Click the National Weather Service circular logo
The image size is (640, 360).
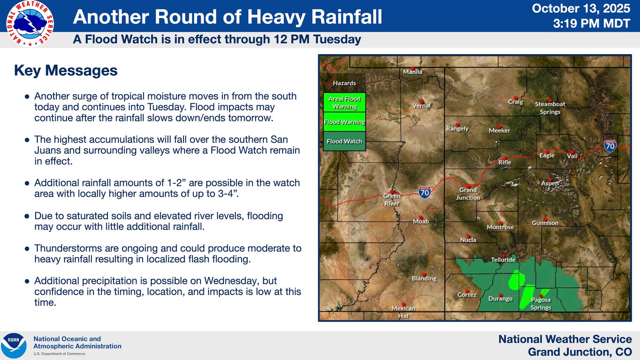coord(30,24)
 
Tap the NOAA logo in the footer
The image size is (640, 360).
coord(13,345)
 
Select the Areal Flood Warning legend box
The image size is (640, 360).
coord(345,102)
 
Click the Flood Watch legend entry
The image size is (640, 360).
coord(345,141)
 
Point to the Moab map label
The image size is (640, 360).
coord(421,221)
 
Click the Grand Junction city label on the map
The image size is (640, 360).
coord(468,193)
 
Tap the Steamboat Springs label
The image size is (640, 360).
coord(550,108)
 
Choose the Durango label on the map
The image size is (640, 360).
coord(500,299)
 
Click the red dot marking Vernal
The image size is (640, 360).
coord(422,102)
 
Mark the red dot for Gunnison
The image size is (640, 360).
coord(545,219)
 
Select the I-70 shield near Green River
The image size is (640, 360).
coord(425,192)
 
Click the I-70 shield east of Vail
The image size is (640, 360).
coord(610,146)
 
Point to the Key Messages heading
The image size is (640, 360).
coord(66,70)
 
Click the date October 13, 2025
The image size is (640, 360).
coord(581,9)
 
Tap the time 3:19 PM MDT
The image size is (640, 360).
coord(591,23)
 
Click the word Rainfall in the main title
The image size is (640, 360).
coord(346,17)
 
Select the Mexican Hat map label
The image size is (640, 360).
coord(404,312)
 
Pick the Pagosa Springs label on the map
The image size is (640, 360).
coord(541,303)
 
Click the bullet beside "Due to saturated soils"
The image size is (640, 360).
coord(27,216)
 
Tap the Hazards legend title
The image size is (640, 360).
coord(344,83)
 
